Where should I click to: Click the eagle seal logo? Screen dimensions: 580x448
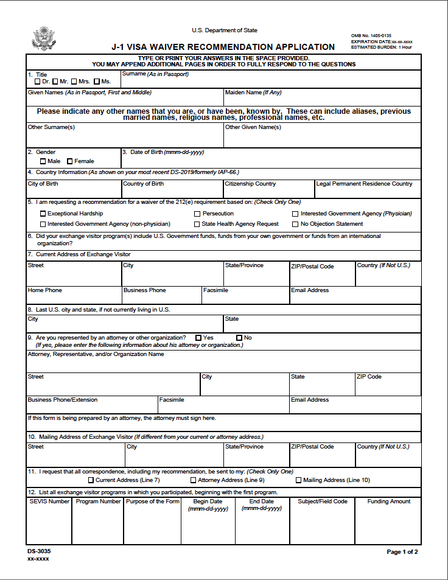click(43, 38)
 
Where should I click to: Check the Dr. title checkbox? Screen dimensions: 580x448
click(38, 81)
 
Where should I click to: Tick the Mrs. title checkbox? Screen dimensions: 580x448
click(74, 81)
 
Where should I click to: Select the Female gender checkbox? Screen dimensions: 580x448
click(70, 161)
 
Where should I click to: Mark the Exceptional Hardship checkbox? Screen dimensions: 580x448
click(43, 214)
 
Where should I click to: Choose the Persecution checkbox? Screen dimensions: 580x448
click(197, 214)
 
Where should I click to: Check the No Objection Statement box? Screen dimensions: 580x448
click(295, 224)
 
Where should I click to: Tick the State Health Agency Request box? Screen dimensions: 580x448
click(197, 224)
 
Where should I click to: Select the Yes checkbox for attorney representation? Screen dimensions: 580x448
click(198, 338)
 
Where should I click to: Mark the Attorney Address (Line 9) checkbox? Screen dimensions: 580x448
click(193, 480)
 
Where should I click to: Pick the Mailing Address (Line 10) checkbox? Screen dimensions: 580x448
click(298, 480)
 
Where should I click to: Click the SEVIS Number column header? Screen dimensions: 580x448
click(49, 501)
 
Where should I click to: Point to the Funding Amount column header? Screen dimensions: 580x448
click(388, 501)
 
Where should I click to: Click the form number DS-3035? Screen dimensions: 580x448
click(39, 551)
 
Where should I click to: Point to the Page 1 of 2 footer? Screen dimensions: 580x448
click(402, 552)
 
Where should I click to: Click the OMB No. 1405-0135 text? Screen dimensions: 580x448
click(371, 36)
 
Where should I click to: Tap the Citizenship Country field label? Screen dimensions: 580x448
click(250, 184)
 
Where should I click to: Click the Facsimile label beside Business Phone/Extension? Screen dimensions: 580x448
click(172, 400)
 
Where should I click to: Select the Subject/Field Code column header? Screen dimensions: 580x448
click(323, 501)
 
